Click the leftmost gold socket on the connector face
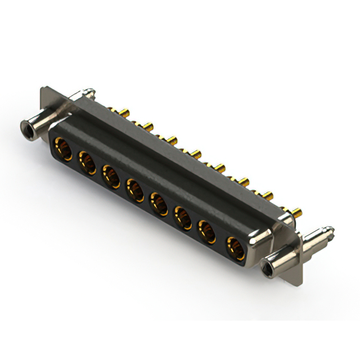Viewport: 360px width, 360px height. tap(62, 149)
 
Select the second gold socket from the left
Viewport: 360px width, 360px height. tap(87, 163)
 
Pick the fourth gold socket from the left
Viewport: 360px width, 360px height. tap(135, 190)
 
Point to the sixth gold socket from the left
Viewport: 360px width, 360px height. tap(183, 217)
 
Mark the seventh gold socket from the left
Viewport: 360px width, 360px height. tap(208, 231)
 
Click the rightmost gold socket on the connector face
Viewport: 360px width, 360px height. tap(235, 247)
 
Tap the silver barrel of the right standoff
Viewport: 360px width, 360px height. tap(281, 256)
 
